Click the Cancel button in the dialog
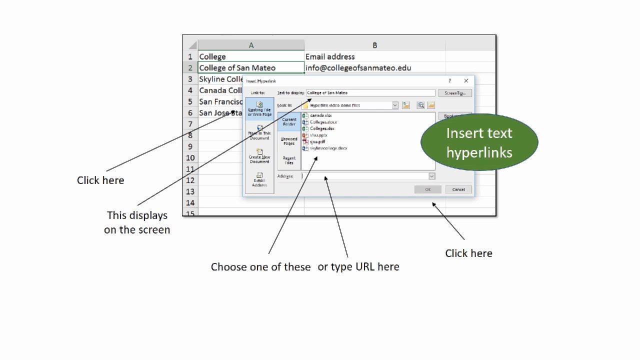tap(458, 189)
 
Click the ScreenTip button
tap(455, 93)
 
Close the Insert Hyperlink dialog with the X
tap(466, 81)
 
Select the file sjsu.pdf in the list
tap(317, 141)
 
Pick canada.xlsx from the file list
tap(320, 115)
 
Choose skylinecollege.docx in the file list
tap(328, 148)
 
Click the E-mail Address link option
tap(259, 179)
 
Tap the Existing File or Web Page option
tap(259, 109)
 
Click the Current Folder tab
tap(289, 121)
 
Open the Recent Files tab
tap(289, 160)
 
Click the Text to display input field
tap(370, 93)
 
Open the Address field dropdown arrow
tap(431, 176)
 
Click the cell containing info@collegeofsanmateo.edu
tap(358, 68)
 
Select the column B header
tap(374, 45)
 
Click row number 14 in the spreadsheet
tap(190, 202)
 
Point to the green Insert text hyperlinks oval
tap(479, 142)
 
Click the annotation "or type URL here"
tap(358, 267)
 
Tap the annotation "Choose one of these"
tap(260, 267)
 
